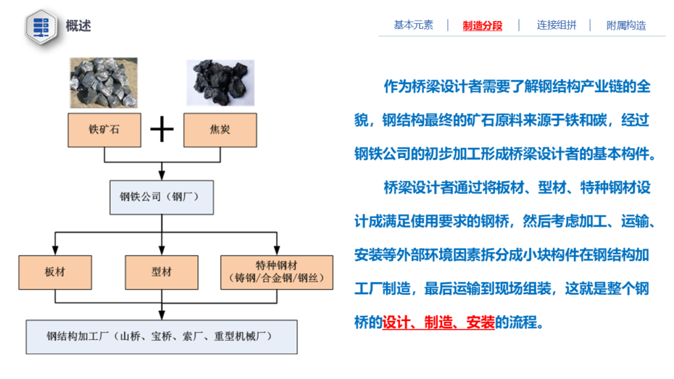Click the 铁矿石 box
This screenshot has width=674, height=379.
105,130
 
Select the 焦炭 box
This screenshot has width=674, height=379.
220,130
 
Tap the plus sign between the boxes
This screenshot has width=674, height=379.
162,130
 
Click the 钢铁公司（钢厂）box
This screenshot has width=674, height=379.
162,197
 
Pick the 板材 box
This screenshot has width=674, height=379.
55,272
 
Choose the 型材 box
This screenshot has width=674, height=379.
162,272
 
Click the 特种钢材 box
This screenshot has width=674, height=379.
277,272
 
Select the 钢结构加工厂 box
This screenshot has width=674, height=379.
162,337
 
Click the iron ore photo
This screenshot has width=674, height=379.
104,82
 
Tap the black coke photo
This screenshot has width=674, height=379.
220,82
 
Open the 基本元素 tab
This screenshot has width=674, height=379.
413,25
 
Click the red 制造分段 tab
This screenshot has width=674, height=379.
482,26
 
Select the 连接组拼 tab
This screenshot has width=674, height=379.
556,25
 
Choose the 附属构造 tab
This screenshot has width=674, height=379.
627,26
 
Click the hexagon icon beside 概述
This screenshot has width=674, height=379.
41,26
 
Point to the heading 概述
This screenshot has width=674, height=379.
78,26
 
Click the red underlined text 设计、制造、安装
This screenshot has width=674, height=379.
438,322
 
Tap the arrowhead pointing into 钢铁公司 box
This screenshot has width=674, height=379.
162,175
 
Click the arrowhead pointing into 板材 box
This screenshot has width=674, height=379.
55,251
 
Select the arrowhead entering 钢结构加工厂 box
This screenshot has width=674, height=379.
162,315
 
